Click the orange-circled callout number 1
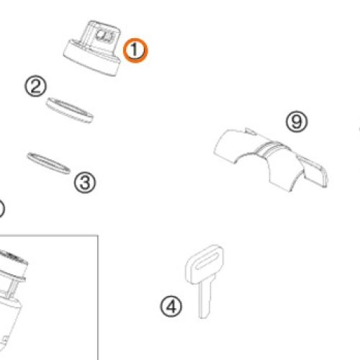[135, 50]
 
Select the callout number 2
[36, 86]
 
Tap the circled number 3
[85, 183]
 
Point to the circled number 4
[171, 307]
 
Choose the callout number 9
[297, 122]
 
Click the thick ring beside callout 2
[70, 110]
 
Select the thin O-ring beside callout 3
[48, 163]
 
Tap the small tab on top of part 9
[251, 131]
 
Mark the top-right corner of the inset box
[98, 235]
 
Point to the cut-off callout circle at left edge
[2, 209]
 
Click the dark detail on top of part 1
[105, 35]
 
